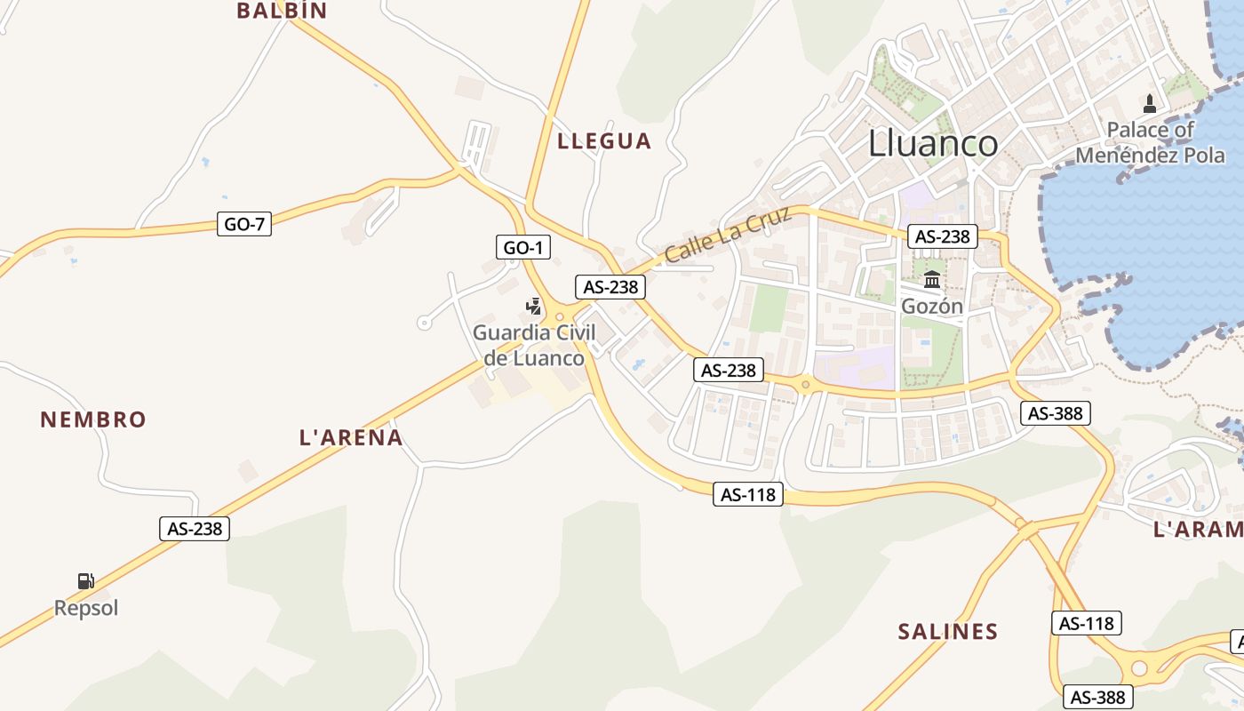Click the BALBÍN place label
coord(282,11)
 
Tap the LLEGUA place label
coord(604,140)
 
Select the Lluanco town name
coord(933,143)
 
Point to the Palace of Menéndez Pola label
coord(1150,142)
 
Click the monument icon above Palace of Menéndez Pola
coord(1150,104)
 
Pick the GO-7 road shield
coord(244,224)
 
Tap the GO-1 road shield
coord(523,248)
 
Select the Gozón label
coord(932,306)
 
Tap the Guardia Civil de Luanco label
coord(534,346)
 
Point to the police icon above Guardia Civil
coord(533,308)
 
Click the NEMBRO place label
coord(93,419)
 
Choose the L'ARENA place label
coord(351,437)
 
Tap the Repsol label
coord(86,608)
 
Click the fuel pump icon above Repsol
coord(86,581)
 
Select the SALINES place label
coord(948,632)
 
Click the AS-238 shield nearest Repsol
coord(195,529)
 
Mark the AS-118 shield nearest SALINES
coord(1087,623)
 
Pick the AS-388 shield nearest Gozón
coord(1055,413)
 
